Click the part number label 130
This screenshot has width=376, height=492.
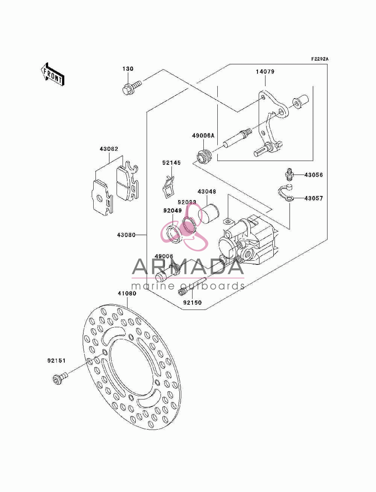pyautogui.click(x=128, y=68)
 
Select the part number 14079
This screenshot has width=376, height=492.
pyautogui.click(x=265, y=71)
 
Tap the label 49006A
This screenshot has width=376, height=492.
pyautogui.click(x=203, y=135)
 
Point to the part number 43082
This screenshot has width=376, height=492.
pyautogui.click(x=109, y=149)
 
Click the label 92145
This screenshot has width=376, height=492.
pyautogui.click(x=171, y=163)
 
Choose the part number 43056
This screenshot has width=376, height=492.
pyautogui.click(x=314, y=175)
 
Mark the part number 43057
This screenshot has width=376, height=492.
pyautogui.click(x=314, y=198)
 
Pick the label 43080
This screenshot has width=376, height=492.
pyautogui.click(x=126, y=235)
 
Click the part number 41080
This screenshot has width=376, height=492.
pyautogui.click(x=127, y=293)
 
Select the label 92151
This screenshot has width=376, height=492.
pyautogui.click(x=56, y=361)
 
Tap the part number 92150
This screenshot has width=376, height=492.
pyautogui.click(x=193, y=302)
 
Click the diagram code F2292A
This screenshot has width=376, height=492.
pyautogui.click(x=320, y=59)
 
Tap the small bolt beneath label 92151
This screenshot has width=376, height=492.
pyautogui.click(x=60, y=378)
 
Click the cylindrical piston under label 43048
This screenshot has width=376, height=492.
pyautogui.click(x=208, y=214)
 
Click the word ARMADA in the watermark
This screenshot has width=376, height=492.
pyautogui.click(x=188, y=267)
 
